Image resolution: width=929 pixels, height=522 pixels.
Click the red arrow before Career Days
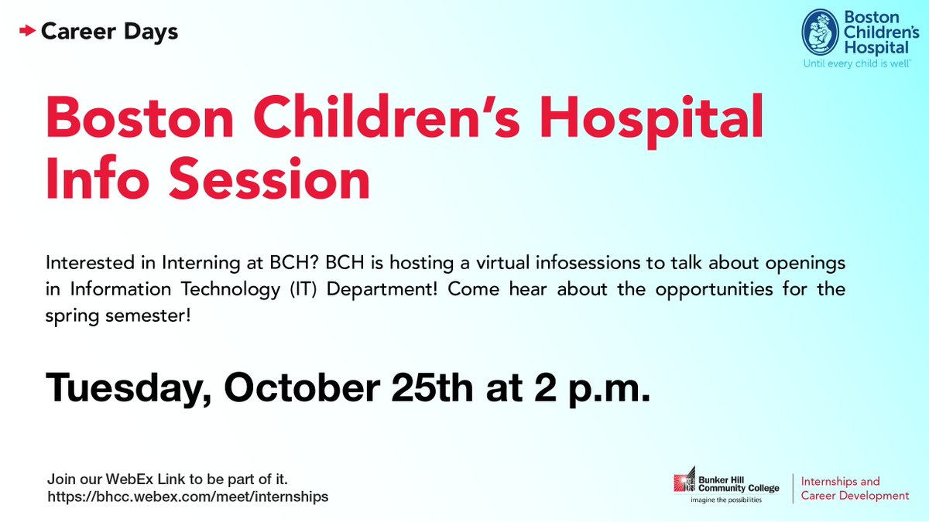(28, 32)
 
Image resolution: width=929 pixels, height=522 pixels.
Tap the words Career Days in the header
(109, 32)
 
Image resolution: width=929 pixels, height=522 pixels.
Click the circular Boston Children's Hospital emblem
(820, 33)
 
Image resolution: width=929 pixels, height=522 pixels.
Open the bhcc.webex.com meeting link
(187, 496)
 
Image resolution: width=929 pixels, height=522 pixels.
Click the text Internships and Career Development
(855, 489)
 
